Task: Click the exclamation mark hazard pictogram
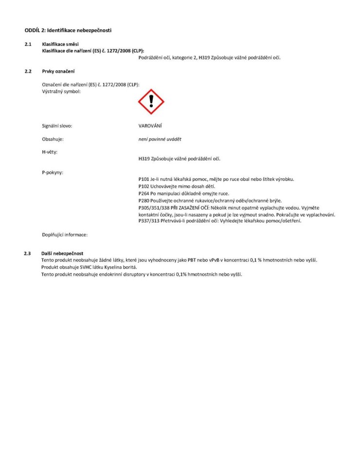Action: pos(151,102)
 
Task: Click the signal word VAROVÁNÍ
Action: pos(150,126)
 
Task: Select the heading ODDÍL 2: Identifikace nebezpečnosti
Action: pos(68,31)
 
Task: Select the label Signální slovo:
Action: pos(57,126)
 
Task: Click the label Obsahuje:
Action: pos(53,140)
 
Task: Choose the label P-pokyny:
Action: pos(53,172)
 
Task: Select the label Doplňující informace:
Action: pos(65,235)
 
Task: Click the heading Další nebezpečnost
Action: pos(63,253)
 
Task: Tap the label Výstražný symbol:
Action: pos(61,91)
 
